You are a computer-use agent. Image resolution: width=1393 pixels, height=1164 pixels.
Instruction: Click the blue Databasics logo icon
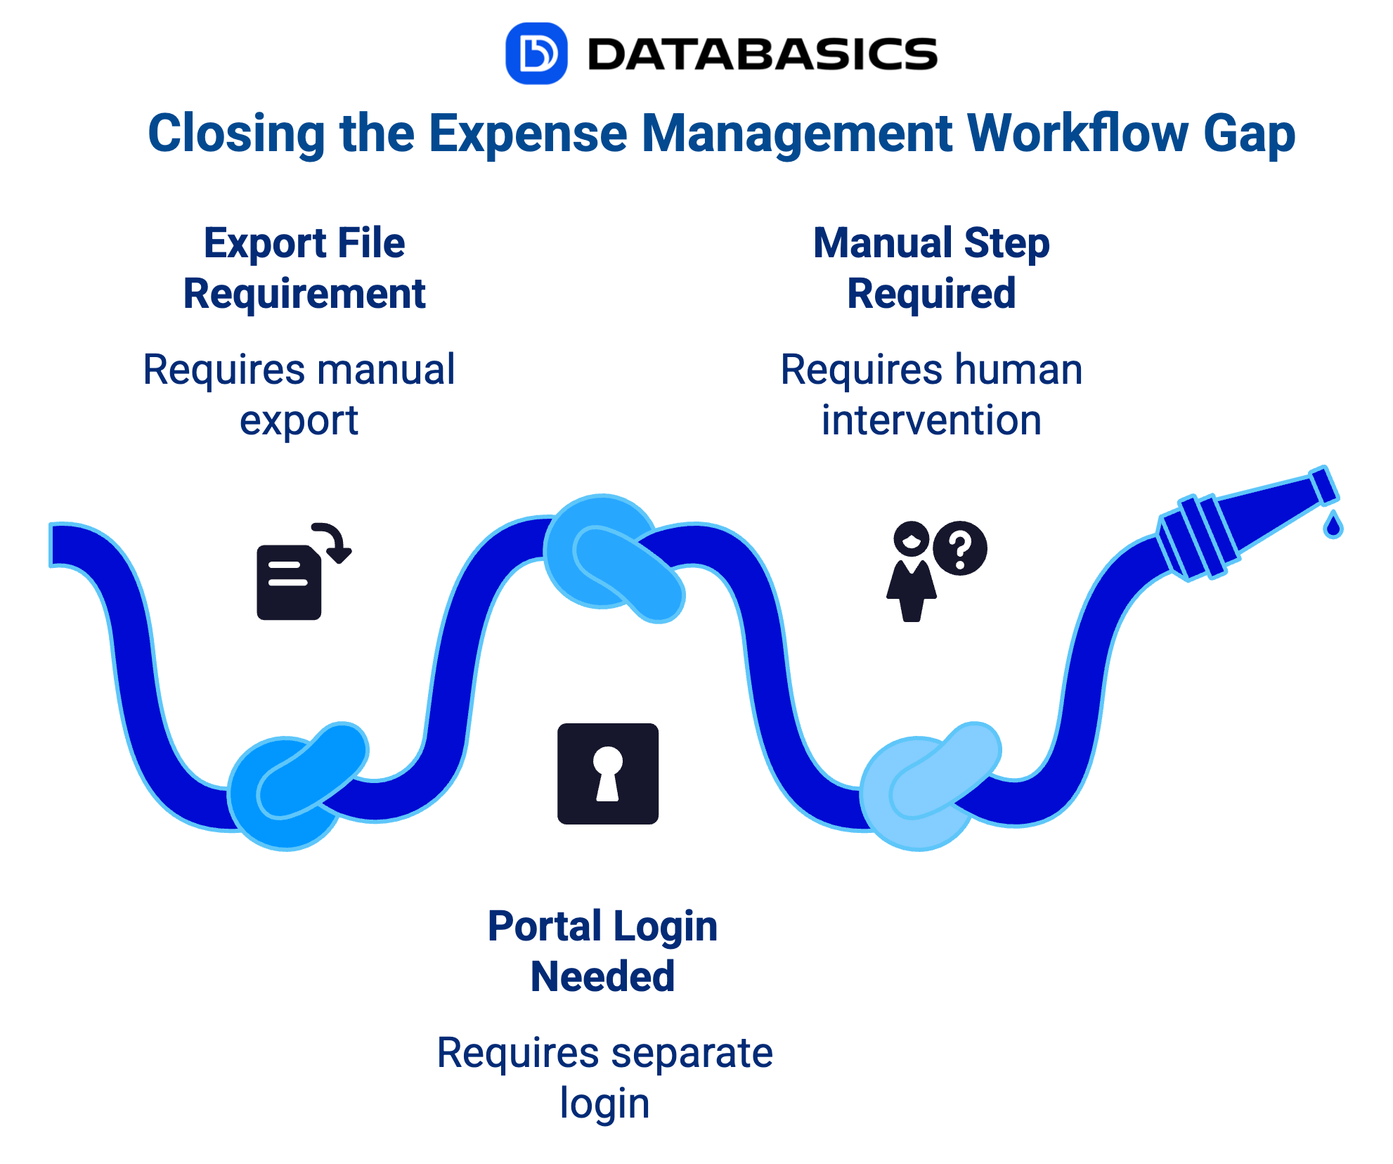(x=536, y=53)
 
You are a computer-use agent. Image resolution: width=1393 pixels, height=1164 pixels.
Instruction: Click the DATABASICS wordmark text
(x=762, y=55)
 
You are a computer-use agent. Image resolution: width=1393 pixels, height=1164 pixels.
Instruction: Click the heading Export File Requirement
(x=304, y=268)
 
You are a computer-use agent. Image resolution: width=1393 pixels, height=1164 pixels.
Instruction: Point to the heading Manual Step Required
(x=931, y=268)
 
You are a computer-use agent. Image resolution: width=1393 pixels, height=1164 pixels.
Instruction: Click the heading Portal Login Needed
(x=602, y=951)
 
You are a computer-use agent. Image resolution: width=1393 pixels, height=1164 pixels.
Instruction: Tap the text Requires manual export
(x=299, y=394)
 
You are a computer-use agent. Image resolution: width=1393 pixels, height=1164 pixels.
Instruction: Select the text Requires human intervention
(x=931, y=394)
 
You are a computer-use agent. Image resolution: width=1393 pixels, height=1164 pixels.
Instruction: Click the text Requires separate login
(x=604, y=1078)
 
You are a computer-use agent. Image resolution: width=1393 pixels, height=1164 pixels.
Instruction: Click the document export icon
(x=290, y=582)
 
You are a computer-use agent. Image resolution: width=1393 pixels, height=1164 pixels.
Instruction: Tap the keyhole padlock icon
(x=608, y=773)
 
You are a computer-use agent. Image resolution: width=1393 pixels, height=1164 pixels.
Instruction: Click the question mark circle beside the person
(x=960, y=548)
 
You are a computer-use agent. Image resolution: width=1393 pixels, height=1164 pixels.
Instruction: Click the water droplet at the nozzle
(x=1333, y=526)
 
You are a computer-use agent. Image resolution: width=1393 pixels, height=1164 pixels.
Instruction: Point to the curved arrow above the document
(x=334, y=541)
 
